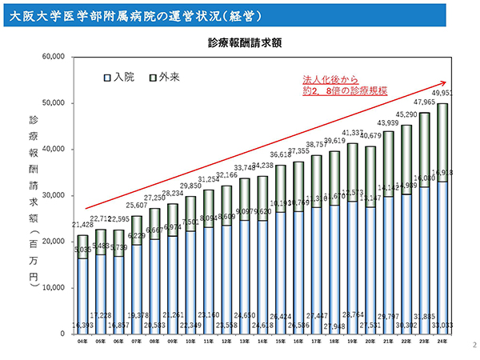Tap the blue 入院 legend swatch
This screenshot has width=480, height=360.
(x=106, y=78)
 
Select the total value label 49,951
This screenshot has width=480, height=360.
(x=442, y=94)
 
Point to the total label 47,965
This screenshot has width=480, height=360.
(x=424, y=103)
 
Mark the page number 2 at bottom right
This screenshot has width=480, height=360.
(x=474, y=345)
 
